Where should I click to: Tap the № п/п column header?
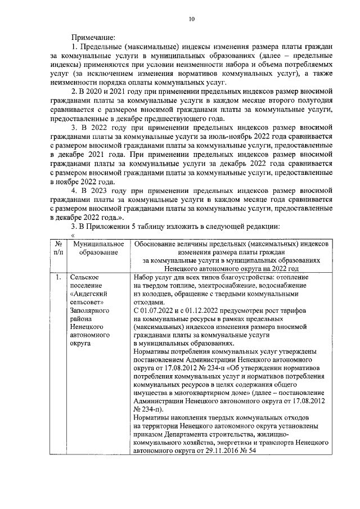coord(58,248)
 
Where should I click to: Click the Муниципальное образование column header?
coord(94,248)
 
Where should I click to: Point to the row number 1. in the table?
coord(58,277)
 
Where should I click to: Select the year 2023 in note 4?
coord(102,190)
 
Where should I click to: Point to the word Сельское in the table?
coord(85,277)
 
